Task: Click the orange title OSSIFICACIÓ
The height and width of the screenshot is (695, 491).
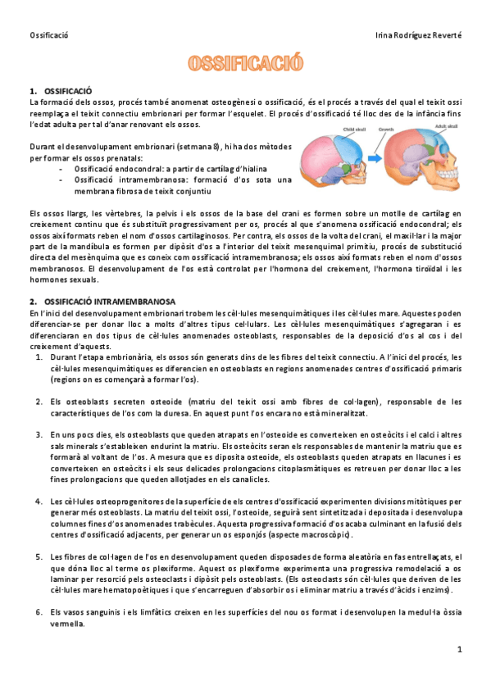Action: (246, 64)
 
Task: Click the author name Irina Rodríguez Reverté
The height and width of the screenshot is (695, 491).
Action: (417, 35)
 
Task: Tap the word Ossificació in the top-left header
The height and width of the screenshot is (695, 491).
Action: (48, 35)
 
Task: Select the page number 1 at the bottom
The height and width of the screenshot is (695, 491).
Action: (461, 649)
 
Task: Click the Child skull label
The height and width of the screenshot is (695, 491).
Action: (353, 129)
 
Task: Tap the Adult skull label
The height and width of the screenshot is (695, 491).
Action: (447, 127)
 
